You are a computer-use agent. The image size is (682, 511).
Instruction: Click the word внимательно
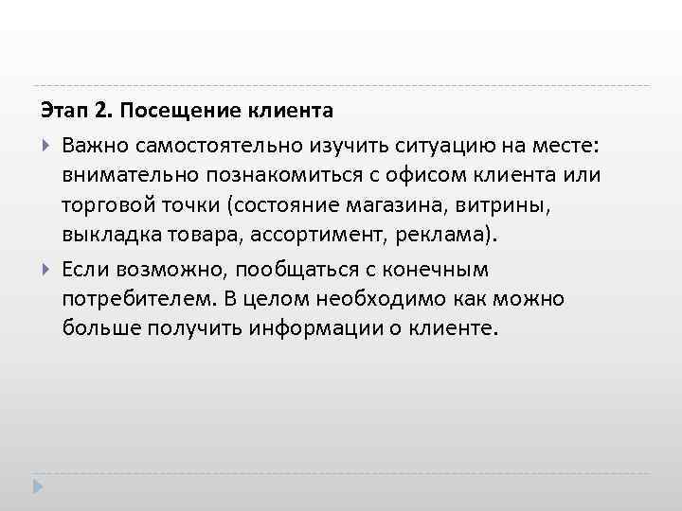129,175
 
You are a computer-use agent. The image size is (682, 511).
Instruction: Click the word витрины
480,206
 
